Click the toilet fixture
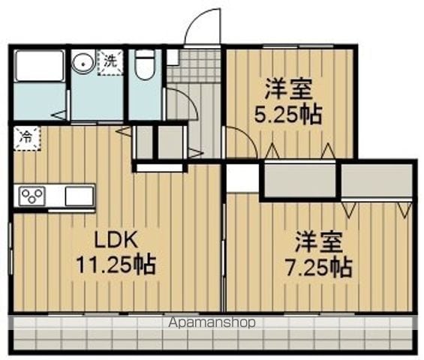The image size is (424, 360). coord(145,64)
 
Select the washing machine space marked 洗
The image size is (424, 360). coord(110,62)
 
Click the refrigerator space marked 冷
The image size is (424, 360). coord(27,138)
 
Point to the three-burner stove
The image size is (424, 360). coord(32,196)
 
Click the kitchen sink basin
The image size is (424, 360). coord(80,196)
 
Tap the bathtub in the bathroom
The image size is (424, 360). coord(40,65)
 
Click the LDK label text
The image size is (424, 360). coord(116,240)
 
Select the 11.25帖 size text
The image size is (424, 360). coord(116,265)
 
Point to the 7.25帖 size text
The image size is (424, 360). coord(319,267)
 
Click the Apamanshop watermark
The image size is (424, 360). coord(212,322)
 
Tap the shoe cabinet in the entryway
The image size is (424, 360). coord(173,58)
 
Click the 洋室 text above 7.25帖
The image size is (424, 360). coord(319,242)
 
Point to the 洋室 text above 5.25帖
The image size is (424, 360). coord(289,88)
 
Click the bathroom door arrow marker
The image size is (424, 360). coord(59,115)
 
